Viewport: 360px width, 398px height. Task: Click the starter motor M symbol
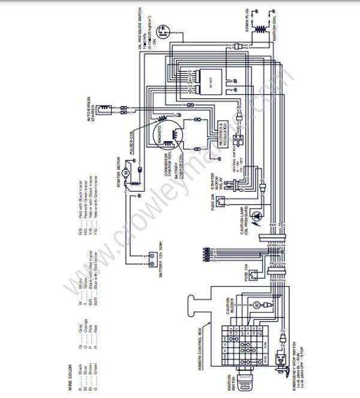pos(124,172)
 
